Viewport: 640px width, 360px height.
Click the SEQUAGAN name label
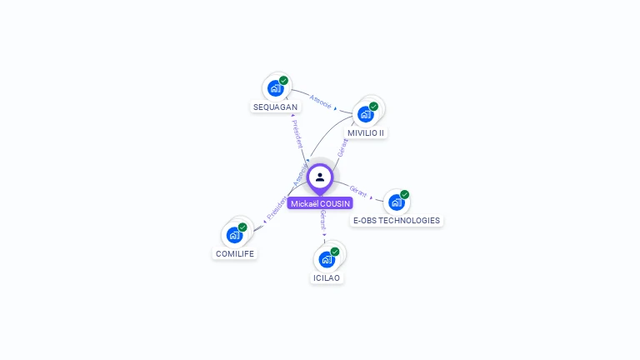point(275,107)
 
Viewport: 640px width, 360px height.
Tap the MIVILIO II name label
point(366,132)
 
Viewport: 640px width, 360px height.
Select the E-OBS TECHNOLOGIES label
point(396,221)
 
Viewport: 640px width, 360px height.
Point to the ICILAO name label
point(327,277)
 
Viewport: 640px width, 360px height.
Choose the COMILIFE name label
point(235,253)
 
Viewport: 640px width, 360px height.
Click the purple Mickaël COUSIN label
point(320,203)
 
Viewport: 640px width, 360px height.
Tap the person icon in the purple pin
point(320,177)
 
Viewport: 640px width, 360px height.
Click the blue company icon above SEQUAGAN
point(275,87)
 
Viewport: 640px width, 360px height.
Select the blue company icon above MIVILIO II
point(365,113)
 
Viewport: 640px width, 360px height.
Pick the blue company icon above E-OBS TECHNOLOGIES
point(396,202)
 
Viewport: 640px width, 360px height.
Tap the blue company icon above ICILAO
point(327,258)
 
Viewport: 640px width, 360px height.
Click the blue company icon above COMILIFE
point(234,234)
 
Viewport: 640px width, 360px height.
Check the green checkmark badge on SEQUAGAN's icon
point(284,81)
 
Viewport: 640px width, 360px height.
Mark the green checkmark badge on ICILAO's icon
point(335,252)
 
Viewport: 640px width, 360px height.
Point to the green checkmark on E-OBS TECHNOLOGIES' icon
point(404,195)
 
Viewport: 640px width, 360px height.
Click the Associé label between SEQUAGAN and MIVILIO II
point(320,103)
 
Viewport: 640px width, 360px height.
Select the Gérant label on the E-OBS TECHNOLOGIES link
point(358,191)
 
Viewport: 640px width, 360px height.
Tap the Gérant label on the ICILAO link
point(322,220)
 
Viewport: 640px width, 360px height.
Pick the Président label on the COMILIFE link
point(276,207)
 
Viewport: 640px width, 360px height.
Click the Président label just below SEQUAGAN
point(297,133)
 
